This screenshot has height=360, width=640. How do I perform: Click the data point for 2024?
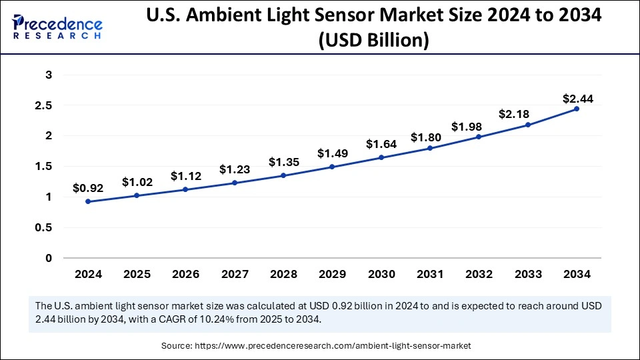(x=88, y=201)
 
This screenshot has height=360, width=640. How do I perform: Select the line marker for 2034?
(x=577, y=109)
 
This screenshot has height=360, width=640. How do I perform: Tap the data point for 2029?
(x=332, y=167)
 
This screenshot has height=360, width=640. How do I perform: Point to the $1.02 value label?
(x=137, y=182)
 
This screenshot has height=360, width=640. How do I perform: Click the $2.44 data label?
(x=577, y=99)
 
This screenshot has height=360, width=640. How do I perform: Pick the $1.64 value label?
(x=381, y=144)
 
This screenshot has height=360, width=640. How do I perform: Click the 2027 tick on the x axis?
(x=235, y=274)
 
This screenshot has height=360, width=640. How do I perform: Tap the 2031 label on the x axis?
(x=430, y=274)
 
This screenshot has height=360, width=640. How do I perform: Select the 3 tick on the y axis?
(x=48, y=75)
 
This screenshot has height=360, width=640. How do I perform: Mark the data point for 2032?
(x=479, y=137)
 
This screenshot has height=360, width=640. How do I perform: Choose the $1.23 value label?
(x=235, y=170)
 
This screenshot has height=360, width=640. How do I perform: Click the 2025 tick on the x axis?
(x=137, y=274)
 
